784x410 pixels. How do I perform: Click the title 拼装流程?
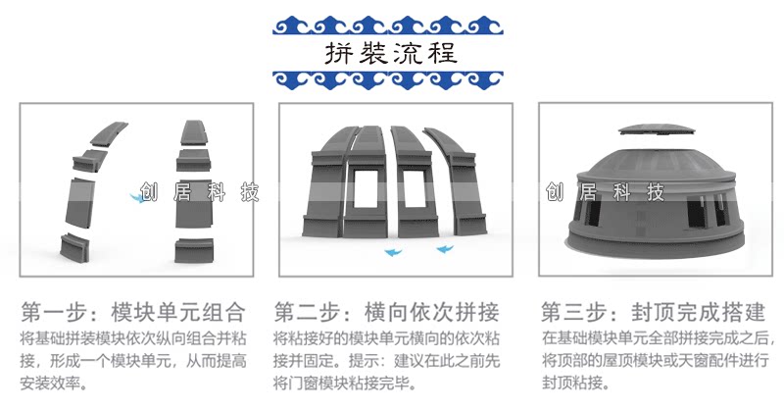pos(391,52)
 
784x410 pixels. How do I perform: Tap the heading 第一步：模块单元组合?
pos(132,313)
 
